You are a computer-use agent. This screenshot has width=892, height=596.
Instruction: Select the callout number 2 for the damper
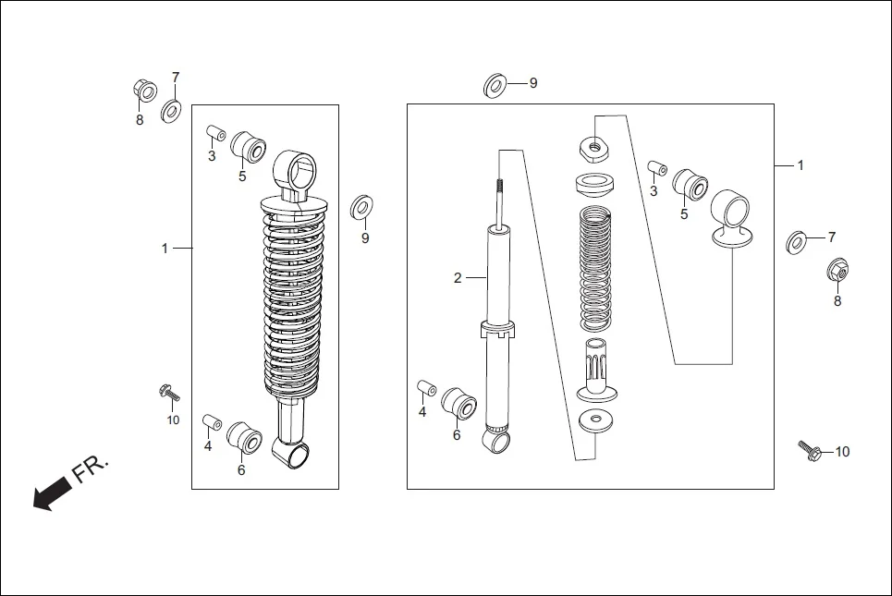pyautogui.click(x=457, y=277)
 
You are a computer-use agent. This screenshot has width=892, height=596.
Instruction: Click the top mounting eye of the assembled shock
pyautogui.click(x=296, y=170)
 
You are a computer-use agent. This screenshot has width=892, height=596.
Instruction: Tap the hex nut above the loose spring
pyautogui.click(x=592, y=144)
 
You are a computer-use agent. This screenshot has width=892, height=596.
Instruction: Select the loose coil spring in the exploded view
pyautogui.click(x=597, y=268)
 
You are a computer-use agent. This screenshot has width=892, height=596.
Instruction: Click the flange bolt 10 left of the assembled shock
pyautogui.click(x=169, y=393)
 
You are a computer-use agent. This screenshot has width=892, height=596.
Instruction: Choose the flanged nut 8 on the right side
pyautogui.click(x=837, y=271)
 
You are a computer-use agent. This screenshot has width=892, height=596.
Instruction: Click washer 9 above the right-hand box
pyautogui.click(x=495, y=86)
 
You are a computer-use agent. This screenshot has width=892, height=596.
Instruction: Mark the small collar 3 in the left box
pyautogui.click(x=215, y=133)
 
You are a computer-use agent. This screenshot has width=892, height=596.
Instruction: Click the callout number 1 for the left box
pyautogui.click(x=165, y=248)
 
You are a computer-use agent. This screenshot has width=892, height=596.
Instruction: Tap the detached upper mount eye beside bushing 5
pyautogui.click(x=731, y=218)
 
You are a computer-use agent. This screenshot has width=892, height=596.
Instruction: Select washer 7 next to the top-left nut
pyautogui.click(x=172, y=112)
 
